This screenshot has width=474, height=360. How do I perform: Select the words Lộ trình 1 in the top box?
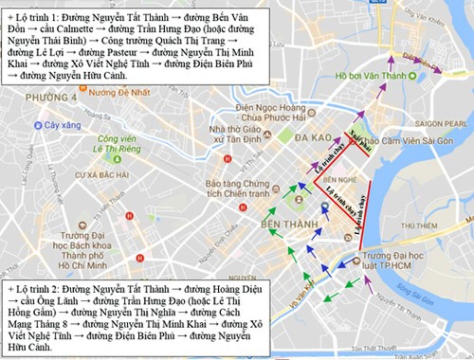point(36,16)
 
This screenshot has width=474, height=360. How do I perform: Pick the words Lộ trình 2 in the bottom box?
point(36,288)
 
